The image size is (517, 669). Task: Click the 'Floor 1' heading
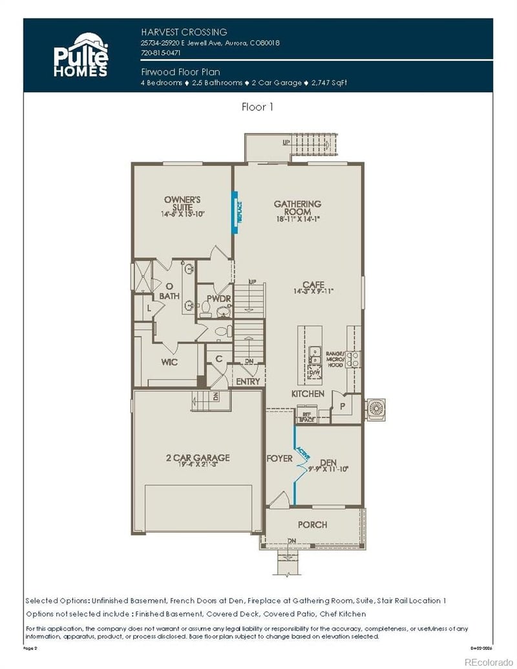(x=257, y=107)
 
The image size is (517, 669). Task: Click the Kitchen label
(x=308, y=394)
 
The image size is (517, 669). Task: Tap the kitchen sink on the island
(x=315, y=352)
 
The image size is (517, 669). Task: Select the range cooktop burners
(x=353, y=359)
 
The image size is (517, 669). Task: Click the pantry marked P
(x=342, y=407)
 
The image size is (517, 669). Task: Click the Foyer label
(x=279, y=459)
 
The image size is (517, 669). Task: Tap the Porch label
(x=312, y=524)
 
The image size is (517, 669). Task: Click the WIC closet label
(x=169, y=363)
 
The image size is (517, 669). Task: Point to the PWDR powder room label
(x=215, y=299)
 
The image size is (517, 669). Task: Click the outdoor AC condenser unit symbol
(x=375, y=407)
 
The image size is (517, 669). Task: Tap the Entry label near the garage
(x=248, y=381)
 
